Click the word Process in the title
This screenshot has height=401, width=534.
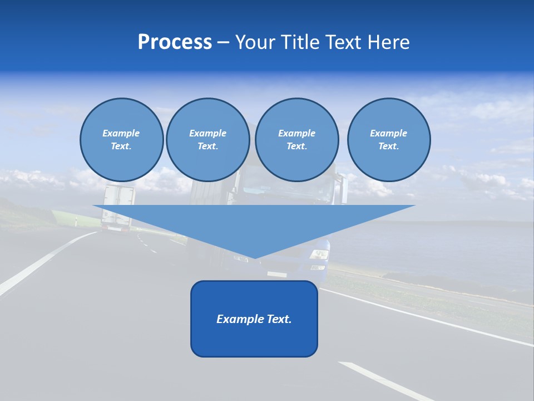[x=175, y=42]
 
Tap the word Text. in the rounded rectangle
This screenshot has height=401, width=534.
[x=279, y=319]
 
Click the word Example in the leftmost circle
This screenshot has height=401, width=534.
[x=121, y=133]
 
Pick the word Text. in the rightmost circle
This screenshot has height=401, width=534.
[x=388, y=146]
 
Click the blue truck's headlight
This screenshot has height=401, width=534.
[x=320, y=255]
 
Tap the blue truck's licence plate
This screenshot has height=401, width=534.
[x=276, y=274]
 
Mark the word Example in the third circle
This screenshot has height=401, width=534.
[x=296, y=133]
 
